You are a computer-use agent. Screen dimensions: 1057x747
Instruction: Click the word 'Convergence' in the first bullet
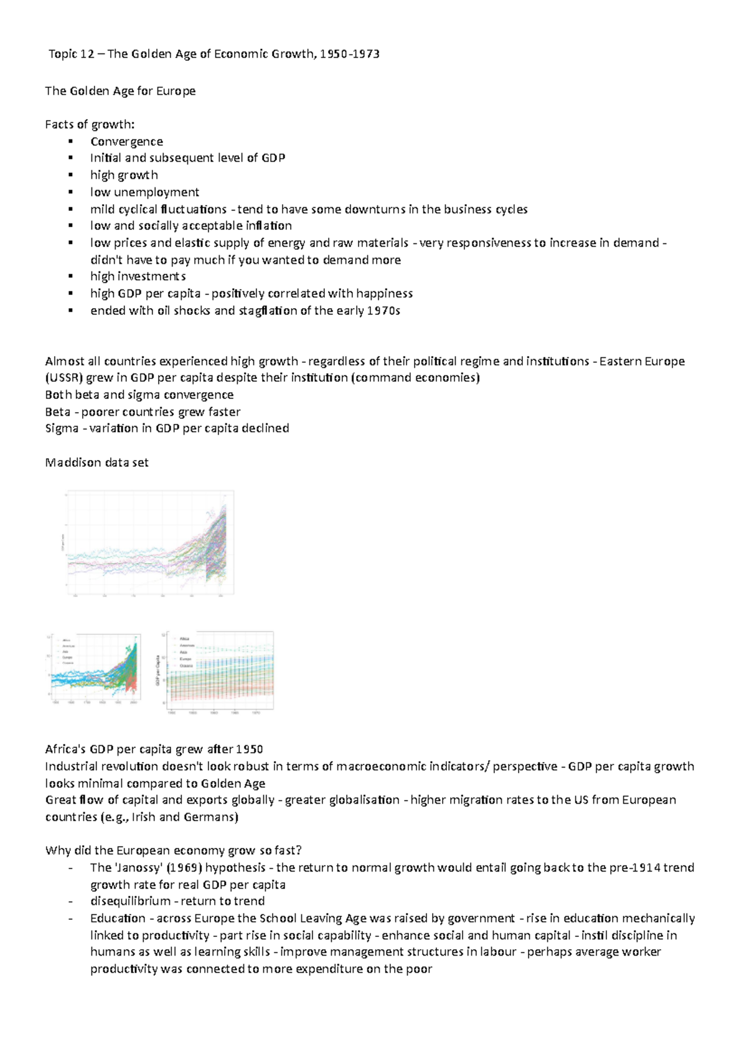(126, 141)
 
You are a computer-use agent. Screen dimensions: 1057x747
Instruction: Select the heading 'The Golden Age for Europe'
(120, 91)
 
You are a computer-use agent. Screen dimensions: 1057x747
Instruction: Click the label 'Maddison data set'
(96, 463)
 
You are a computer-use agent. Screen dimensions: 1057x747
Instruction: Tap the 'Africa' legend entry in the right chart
(185, 639)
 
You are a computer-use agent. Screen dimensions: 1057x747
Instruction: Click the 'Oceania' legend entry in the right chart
(187, 665)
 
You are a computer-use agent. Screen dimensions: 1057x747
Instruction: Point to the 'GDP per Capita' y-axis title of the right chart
(158, 671)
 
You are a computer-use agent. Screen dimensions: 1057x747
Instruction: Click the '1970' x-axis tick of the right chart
(256, 713)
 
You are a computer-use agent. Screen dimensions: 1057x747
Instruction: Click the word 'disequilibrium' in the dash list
(130, 901)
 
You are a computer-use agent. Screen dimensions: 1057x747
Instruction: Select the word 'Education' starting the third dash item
(118, 918)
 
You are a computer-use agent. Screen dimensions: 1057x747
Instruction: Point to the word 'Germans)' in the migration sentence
(211, 817)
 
